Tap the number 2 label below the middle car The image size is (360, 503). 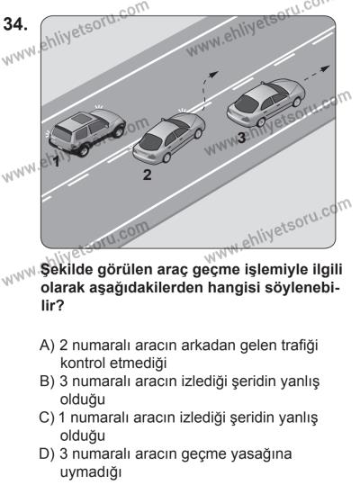[x=146, y=175]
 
